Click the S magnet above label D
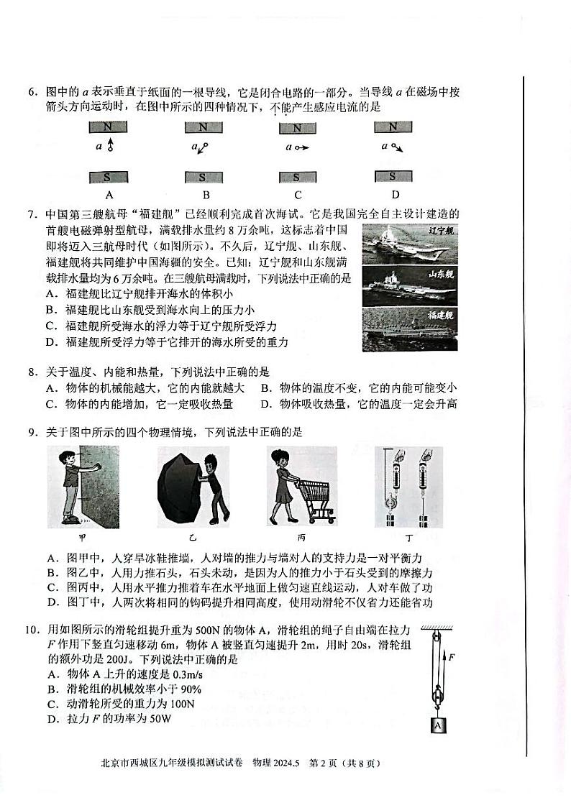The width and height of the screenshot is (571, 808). pos(392,177)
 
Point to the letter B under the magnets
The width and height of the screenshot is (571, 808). pos(206,195)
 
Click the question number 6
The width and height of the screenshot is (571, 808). pos(32,92)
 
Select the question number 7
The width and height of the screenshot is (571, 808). pos(32,214)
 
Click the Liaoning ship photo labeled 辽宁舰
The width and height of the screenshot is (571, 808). pos(409,244)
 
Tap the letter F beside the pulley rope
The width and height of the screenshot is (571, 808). pos(451,656)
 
